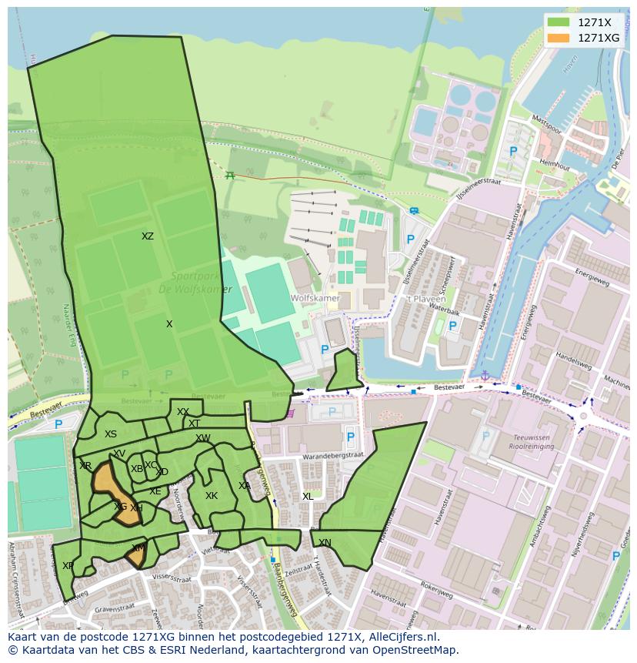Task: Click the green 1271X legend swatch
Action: (559, 23)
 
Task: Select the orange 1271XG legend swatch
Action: (559, 38)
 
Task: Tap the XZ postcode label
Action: (148, 236)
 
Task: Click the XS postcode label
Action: (111, 434)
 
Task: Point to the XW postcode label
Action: (203, 438)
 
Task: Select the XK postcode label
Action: (212, 496)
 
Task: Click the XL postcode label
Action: (308, 497)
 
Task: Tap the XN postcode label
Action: (325, 543)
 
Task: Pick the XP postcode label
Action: (68, 566)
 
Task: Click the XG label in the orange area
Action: (120, 507)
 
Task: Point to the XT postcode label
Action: (195, 424)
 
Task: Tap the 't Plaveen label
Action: (421, 298)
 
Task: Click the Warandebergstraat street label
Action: (334, 455)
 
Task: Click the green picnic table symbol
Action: (229, 175)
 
